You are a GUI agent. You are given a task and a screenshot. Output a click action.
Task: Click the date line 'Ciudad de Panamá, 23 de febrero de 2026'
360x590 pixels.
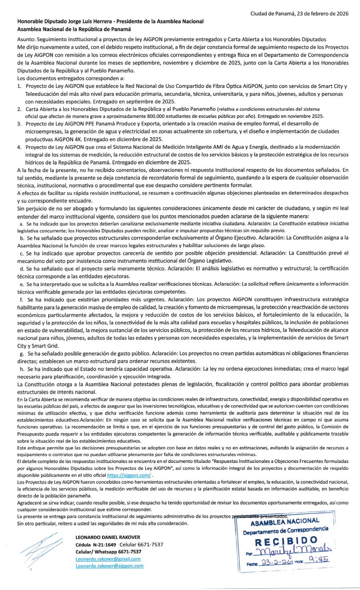coord(299,14)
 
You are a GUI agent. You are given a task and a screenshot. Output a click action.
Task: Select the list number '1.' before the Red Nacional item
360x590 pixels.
coord(19,86)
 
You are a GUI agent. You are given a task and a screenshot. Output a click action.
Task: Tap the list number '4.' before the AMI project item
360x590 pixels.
coord(19,147)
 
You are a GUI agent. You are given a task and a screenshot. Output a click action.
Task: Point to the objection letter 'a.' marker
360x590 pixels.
coord(22,223)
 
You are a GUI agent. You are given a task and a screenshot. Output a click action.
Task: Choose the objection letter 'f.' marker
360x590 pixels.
coord(22,299)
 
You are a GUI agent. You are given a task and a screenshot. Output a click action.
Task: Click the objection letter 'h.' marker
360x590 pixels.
coord(22,369)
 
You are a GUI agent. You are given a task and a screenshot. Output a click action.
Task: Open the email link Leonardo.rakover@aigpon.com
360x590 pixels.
coord(109,566)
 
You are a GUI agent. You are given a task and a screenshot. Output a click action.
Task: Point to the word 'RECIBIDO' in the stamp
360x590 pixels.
coord(286,540)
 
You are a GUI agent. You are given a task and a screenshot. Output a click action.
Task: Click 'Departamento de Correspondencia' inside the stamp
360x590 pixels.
coord(285,529)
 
